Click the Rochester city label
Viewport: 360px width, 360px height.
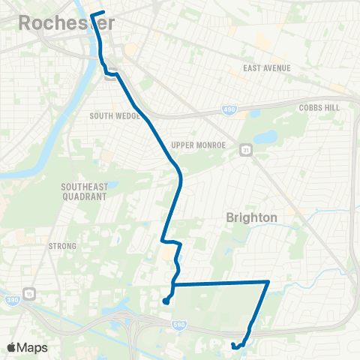[x=66, y=22]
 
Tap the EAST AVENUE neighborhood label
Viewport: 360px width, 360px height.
[x=266, y=68]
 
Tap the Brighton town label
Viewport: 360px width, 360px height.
[x=251, y=217]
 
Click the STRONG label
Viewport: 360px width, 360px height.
[x=62, y=246]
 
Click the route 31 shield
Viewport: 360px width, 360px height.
[x=244, y=150]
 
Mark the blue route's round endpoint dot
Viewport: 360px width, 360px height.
[x=164, y=301]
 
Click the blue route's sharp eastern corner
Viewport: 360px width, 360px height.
[x=268, y=281]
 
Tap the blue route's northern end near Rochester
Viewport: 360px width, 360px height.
[x=91, y=13]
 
